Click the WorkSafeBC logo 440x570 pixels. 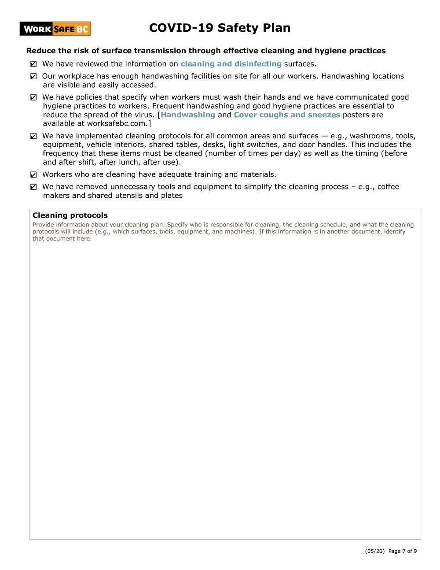pyautogui.click(x=55, y=29)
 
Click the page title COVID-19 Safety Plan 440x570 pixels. pyautogui.click(x=220, y=28)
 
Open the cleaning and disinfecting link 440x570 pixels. pyautogui.click(x=231, y=64)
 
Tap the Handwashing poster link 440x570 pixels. pyautogui.click(x=188, y=115)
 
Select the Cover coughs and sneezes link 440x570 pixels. pyautogui.click(x=287, y=115)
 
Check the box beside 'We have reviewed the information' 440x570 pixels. pyautogui.click(x=34, y=64)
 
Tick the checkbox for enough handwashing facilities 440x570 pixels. pyautogui.click(x=34, y=77)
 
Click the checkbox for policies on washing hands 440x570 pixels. pyautogui.click(x=34, y=98)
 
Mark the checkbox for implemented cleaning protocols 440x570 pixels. pyautogui.click(x=34, y=137)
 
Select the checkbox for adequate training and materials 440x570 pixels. pyautogui.click(x=34, y=175)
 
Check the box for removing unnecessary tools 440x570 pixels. pyautogui.click(x=34, y=187)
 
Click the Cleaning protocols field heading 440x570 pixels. pyautogui.click(x=70, y=215)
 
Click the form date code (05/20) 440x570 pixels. pyautogui.click(x=372, y=551)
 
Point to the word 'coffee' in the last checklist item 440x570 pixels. pyautogui.click(x=388, y=187)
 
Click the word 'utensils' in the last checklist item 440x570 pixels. pyautogui.click(x=129, y=196)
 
